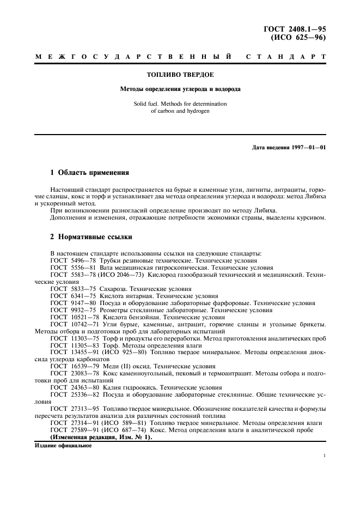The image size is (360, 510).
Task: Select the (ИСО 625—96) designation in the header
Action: (302, 38)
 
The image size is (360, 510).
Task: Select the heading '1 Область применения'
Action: (89, 173)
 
